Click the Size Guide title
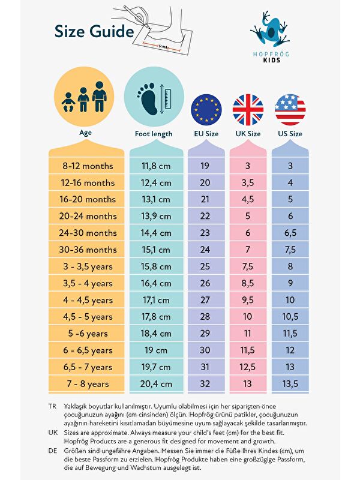pyautogui.click(x=94, y=31)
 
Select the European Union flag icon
pyautogui.click(x=206, y=109)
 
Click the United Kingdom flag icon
pyautogui.click(x=248, y=109)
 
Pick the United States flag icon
pyautogui.click(x=290, y=109)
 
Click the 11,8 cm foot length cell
pyautogui.click(x=157, y=166)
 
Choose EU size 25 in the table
pyautogui.click(x=205, y=266)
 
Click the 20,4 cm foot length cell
pyautogui.click(x=157, y=384)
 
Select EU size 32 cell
pyautogui.click(x=205, y=384)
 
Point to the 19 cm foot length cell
pyautogui.click(x=157, y=350)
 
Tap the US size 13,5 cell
pyautogui.click(x=290, y=384)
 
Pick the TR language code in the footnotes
pyautogui.click(x=52, y=406)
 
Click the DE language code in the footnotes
pyautogui.click(x=52, y=450)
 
